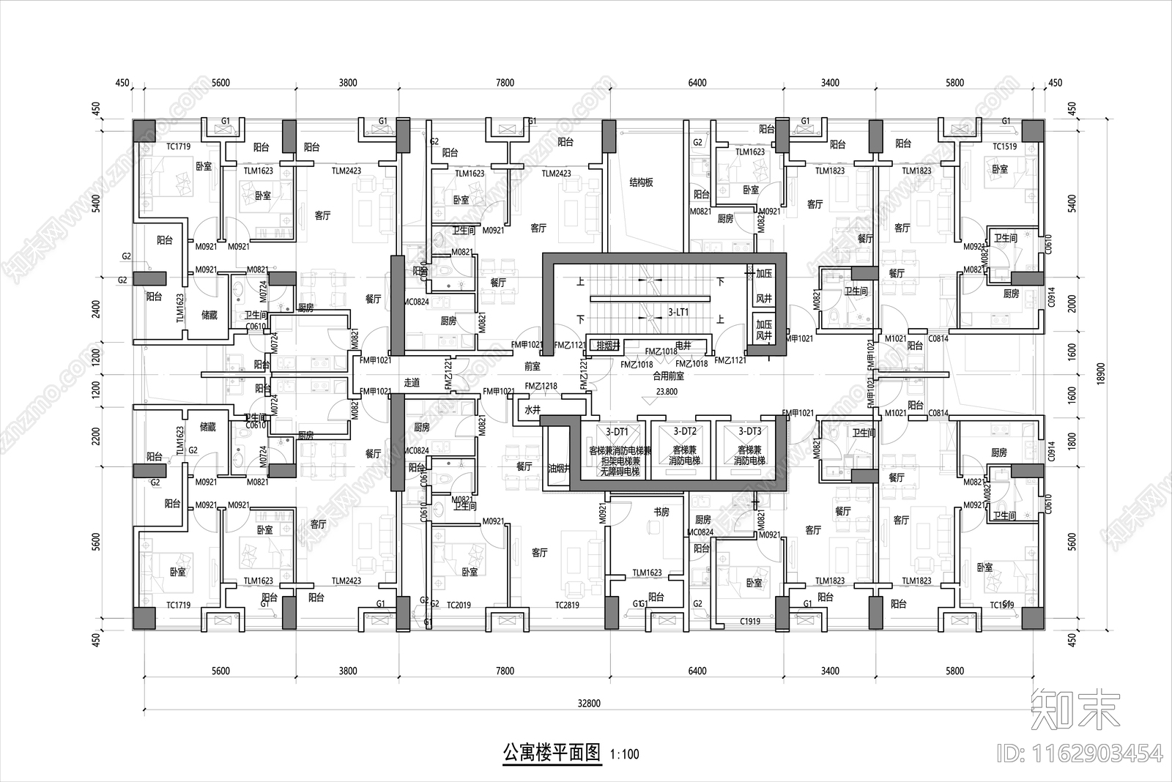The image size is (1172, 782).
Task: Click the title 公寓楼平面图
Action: coord(551,753)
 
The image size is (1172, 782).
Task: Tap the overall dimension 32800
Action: coord(588,704)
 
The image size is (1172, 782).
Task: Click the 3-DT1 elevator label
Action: coord(617,432)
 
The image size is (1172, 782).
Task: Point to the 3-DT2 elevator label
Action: coord(684,432)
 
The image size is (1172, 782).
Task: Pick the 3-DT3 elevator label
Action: coord(749,432)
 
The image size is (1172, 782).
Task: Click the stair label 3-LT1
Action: coord(678,312)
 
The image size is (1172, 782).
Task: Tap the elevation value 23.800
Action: coord(667,392)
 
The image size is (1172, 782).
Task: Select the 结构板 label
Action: coord(641,182)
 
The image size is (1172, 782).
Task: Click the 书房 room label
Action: coord(661,512)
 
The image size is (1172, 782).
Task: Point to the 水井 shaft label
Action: coord(532,410)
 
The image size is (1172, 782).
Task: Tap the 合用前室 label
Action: coord(668,376)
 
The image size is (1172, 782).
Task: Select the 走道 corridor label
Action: coord(412,382)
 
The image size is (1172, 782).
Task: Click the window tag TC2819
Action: coord(567,606)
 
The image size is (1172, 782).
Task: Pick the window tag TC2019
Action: coord(459,606)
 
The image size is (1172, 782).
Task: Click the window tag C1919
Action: coord(750,621)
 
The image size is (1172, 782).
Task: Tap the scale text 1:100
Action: coord(624,754)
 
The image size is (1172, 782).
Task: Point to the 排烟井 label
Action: coord(608,345)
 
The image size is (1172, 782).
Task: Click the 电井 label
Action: coord(683,344)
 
